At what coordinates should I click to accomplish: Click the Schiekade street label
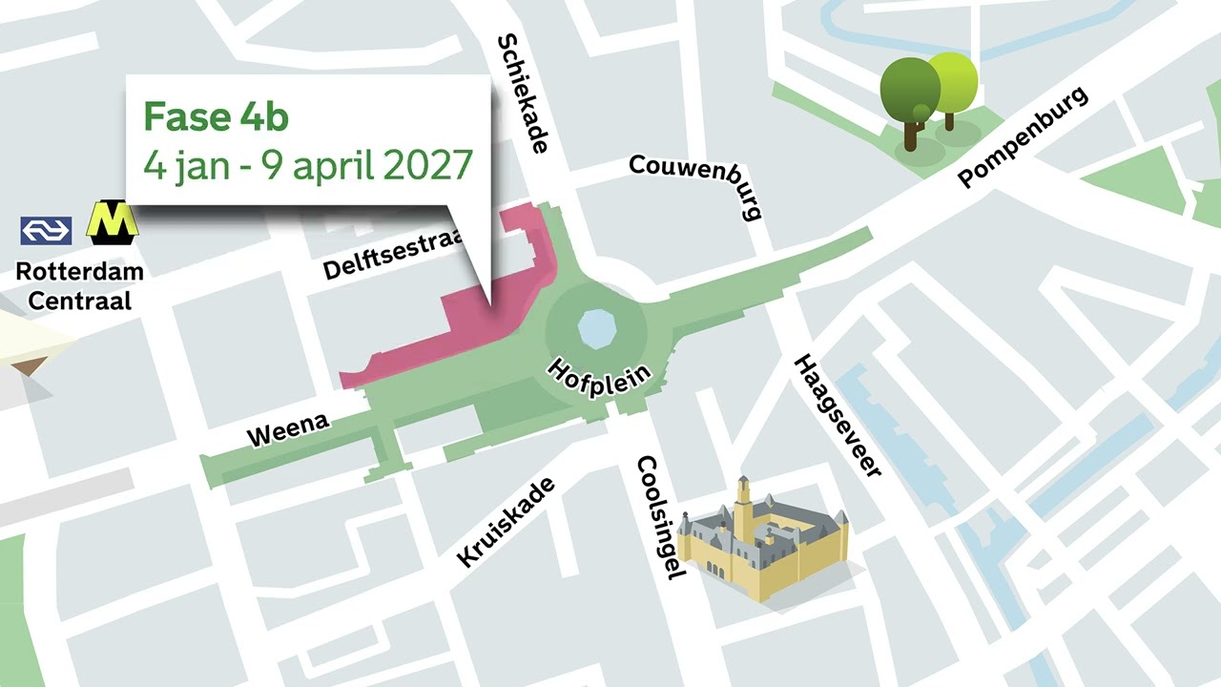524,94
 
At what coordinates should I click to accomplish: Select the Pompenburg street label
1023,137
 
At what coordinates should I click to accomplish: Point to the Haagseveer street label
838,415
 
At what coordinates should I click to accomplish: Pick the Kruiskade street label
506,522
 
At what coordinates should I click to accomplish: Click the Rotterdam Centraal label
80,285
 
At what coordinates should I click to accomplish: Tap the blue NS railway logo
46,230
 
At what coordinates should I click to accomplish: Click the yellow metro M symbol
113,221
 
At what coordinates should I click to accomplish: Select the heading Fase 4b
216,116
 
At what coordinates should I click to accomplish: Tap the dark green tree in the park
909,95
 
